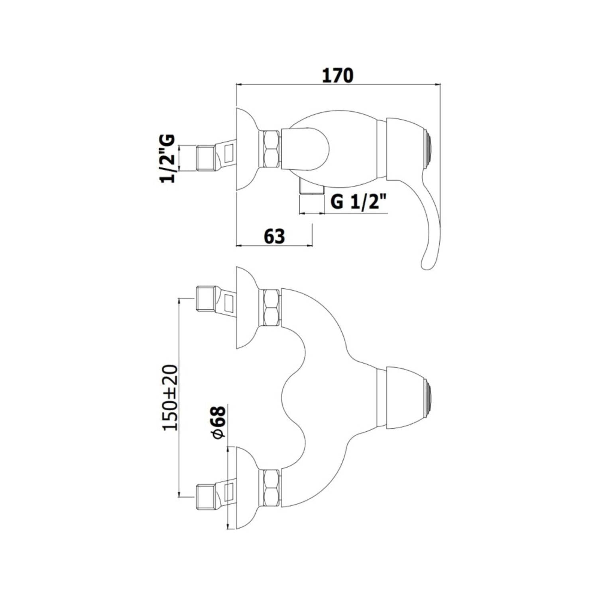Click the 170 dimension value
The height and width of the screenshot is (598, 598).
click(338, 75)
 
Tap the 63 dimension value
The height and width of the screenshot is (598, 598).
click(274, 236)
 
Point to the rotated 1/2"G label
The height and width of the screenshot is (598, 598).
click(168, 158)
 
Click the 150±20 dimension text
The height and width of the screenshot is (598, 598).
click(170, 397)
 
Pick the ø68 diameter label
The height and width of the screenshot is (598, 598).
click(219, 423)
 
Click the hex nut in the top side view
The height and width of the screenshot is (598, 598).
click(271, 149)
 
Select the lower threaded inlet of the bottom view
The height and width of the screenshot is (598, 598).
click(206, 497)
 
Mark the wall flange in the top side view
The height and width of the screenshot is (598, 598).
click(246, 149)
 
